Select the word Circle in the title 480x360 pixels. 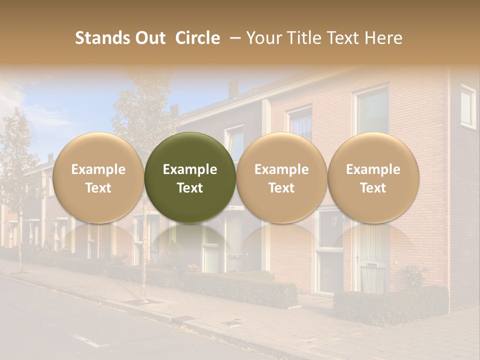pyautogui.click(x=197, y=38)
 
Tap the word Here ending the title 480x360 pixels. pyautogui.click(x=384, y=38)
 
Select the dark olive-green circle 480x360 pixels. pyautogui.click(x=190, y=177)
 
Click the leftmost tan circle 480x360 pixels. pyautogui.click(x=98, y=177)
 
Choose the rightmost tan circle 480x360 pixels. pyautogui.click(x=373, y=177)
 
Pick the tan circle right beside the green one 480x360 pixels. pyautogui.click(x=281, y=177)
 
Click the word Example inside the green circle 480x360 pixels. pyautogui.click(x=190, y=169)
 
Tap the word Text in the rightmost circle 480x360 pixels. pyautogui.click(x=373, y=188)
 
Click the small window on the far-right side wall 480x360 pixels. pyautogui.click(x=468, y=106)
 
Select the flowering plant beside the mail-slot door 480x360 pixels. pyautogui.click(x=415, y=275)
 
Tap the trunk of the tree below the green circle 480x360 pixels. pyautogui.click(x=144, y=260)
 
